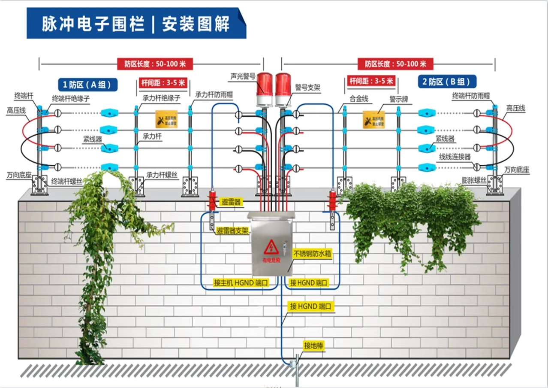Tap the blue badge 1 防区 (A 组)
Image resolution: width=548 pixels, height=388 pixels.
[87, 85]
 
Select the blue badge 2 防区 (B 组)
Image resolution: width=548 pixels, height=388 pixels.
[447, 82]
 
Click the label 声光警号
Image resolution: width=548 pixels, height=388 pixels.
[242, 76]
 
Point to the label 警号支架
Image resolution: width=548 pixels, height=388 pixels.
[307, 88]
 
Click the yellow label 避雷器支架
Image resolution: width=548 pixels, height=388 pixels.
[232, 231]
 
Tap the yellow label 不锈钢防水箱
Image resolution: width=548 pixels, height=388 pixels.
[312, 254]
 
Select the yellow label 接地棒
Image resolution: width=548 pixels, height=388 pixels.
[313, 346]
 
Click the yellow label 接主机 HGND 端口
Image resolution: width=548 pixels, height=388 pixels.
[241, 283]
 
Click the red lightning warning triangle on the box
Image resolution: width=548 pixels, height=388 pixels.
[271, 246]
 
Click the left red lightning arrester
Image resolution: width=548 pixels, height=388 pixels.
[212, 200]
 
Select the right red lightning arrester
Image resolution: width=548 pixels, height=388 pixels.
[332, 200]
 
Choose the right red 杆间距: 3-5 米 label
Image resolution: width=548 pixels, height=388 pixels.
[370, 81]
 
